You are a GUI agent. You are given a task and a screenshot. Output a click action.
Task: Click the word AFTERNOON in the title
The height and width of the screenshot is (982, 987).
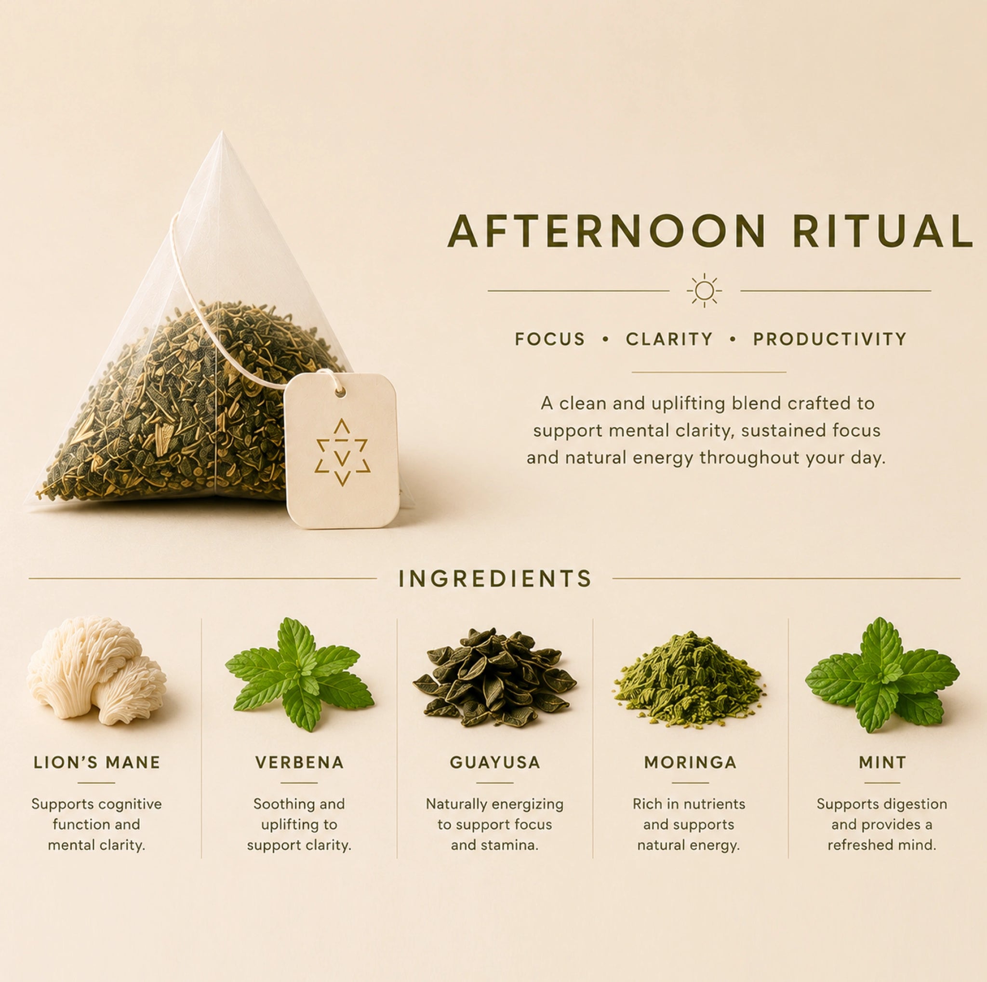click(606, 231)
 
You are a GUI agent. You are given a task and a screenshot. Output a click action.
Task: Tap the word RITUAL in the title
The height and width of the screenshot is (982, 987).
click(882, 231)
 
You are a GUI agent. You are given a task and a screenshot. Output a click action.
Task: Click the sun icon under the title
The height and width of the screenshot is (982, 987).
click(705, 290)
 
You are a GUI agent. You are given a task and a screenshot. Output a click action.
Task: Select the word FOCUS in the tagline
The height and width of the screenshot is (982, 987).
click(550, 339)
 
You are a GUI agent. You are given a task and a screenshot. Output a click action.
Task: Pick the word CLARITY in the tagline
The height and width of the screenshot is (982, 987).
click(669, 339)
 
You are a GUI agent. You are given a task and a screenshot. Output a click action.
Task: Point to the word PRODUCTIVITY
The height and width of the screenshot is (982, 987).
click(830, 339)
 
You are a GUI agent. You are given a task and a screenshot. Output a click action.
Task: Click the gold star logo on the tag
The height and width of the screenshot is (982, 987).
click(342, 452)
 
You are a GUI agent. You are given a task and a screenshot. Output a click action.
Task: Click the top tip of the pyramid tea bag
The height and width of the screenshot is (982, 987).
click(222, 132)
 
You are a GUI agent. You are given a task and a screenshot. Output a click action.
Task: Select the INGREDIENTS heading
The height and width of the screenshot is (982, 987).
click(495, 579)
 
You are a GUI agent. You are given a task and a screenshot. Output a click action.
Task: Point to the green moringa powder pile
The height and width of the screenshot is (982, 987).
click(690, 678)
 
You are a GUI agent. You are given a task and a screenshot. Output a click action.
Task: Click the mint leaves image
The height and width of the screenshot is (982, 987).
click(882, 674)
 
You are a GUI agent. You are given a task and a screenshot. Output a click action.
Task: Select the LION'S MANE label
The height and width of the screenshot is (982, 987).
click(97, 763)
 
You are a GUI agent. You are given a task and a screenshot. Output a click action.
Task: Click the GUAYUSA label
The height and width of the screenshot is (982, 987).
click(495, 763)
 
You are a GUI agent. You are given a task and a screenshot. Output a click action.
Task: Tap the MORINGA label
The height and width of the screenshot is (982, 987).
click(690, 763)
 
